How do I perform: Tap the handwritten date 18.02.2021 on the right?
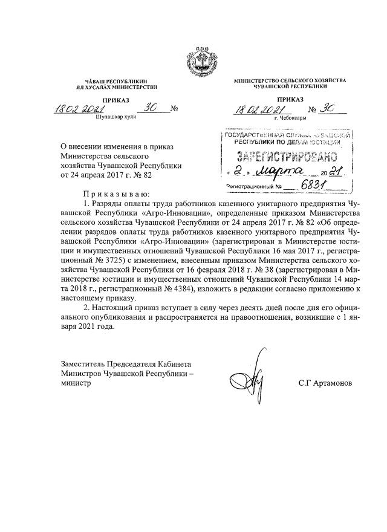coord(259,109)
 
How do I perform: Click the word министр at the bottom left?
coord(74,384)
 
